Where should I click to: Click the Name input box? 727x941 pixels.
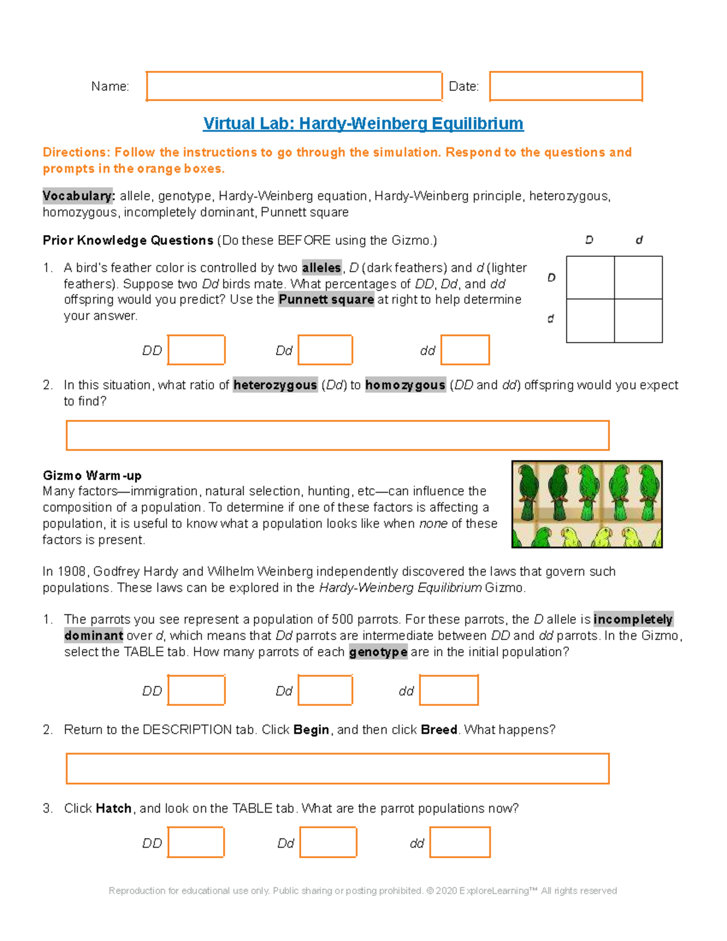294,86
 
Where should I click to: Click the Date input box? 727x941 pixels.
565,86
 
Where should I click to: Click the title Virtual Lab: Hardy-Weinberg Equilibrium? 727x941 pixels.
363,124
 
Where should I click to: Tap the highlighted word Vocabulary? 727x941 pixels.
78,196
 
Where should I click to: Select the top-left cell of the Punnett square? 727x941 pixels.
590,278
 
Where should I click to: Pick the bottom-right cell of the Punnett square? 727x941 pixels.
638,321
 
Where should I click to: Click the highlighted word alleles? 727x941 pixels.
321,268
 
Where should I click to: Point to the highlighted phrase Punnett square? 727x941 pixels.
326,299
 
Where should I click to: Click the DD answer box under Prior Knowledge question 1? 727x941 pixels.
196,350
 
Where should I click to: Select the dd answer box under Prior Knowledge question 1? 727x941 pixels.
465,350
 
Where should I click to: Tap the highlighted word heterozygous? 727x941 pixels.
275,385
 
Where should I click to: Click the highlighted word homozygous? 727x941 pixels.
405,385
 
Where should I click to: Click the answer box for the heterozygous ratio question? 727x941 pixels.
337,435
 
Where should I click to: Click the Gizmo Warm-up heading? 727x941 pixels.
92,475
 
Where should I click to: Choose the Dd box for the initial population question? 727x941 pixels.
325,691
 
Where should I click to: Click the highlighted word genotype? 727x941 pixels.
378,652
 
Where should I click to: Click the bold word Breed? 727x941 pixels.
439,730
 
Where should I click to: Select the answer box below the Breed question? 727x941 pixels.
337,768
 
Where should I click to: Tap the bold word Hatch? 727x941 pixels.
114,808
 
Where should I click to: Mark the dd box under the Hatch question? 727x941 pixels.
460,843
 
